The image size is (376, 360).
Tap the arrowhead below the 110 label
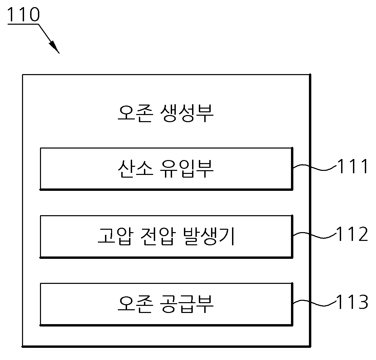(55, 47)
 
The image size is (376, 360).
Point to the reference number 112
(352, 233)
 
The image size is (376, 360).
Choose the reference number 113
(352, 301)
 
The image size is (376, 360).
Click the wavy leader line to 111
(315, 167)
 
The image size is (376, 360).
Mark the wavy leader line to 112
(315, 235)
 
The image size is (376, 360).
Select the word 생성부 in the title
(186, 113)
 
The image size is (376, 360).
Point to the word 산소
(135, 169)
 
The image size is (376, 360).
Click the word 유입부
(186, 169)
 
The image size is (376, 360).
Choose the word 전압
(158, 236)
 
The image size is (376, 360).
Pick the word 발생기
(208, 236)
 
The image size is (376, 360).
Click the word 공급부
(186, 304)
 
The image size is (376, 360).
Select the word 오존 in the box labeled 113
(135, 304)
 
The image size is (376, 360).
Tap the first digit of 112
(340, 233)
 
